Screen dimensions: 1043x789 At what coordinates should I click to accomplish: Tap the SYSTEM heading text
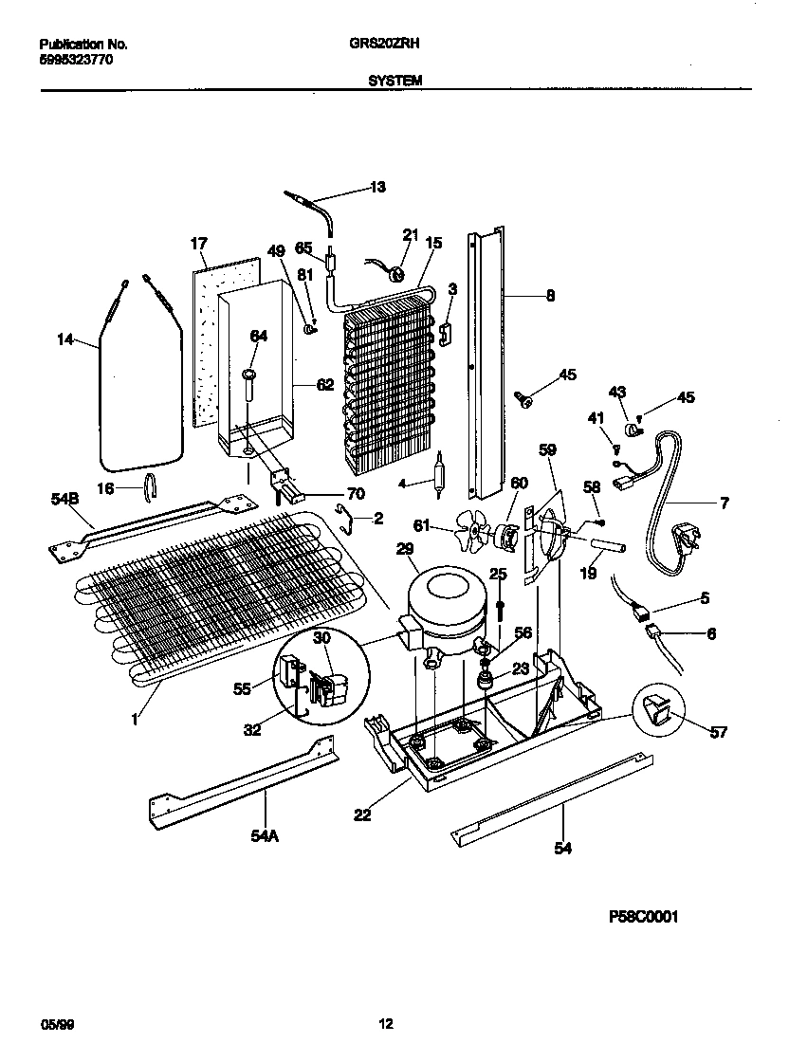click(394, 82)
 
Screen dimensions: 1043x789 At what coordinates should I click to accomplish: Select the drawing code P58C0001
click(644, 918)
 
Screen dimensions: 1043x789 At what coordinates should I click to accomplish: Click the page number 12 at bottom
click(386, 1023)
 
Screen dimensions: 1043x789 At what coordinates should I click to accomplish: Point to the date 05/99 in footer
click(56, 1023)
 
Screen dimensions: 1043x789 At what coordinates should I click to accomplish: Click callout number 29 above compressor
click(404, 549)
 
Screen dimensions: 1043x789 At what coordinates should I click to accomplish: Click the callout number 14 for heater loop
click(64, 339)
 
